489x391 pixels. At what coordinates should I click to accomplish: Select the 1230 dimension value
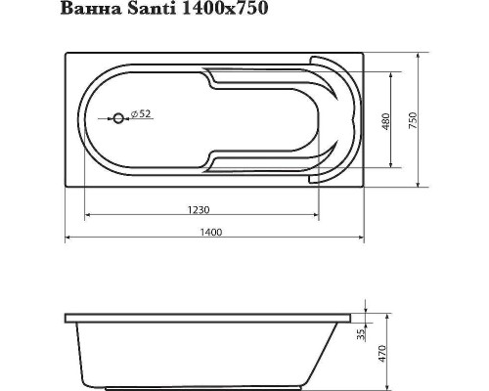[x=201, y=207]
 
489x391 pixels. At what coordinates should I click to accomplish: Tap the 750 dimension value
[x=416, y=118]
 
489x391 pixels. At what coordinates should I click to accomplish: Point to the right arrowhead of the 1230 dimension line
[x=317, y=215]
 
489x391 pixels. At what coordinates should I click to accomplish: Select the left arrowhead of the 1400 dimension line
[x=68, y=239]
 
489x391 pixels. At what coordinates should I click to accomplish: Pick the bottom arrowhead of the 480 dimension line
[x=395, y=165]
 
